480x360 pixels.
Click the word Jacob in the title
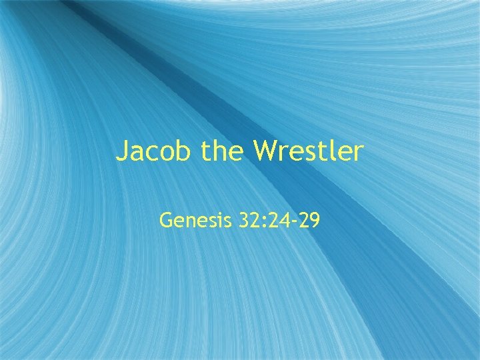(x=153, y=152)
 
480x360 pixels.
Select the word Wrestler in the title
(x=308, y=152)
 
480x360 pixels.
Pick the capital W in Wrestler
(x=265, y=152)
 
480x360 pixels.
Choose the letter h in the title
(x=223, y=152)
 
